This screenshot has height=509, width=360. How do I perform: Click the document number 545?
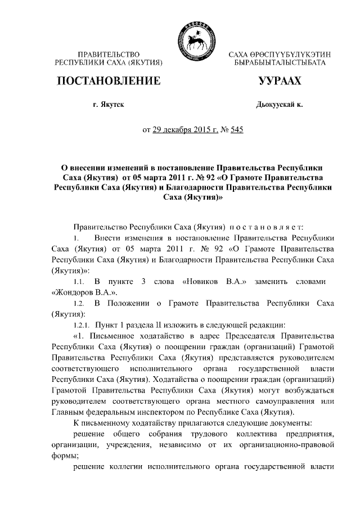click(x=236, y=130)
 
